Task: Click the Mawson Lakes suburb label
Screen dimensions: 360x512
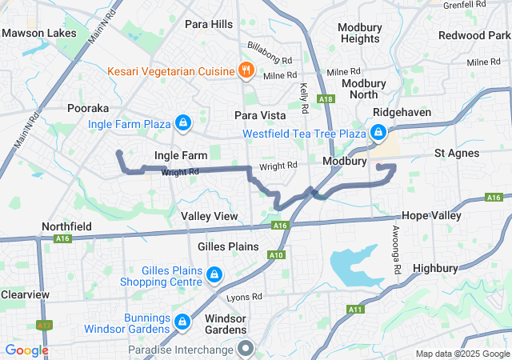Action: tap(39, 34)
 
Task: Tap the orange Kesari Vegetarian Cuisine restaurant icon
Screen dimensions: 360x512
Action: tap(246, 70)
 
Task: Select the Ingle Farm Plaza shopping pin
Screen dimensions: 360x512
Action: tap(183, 122)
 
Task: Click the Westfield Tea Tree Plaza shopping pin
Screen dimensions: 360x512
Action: tap(378, 132)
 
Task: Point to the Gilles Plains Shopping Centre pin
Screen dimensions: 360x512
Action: tap(214, 276)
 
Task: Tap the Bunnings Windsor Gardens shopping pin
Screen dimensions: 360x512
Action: tap(182, 321)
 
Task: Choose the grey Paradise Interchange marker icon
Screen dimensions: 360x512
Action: tap(246, 349)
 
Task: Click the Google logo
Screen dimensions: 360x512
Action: tap(26, 350)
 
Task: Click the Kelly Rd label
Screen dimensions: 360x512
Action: tap(304, 98)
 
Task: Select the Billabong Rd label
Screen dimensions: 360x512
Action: tap(270, 48)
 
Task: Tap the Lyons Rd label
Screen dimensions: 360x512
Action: tap(244, 297)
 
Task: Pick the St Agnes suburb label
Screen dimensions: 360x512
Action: tap(457, 153)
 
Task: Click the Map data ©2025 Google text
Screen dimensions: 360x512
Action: tap(461, 354)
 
